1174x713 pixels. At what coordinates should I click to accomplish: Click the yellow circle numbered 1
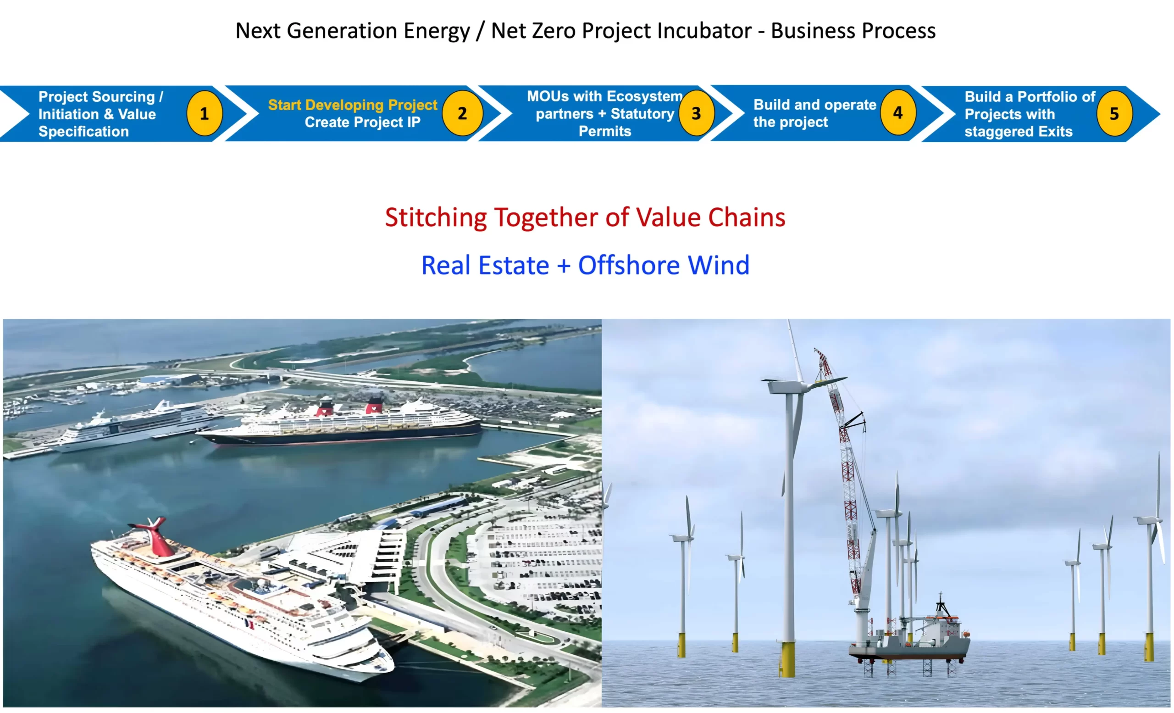click(x=205, y=113)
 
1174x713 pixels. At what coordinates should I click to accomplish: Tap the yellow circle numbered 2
click(x=462, y=113)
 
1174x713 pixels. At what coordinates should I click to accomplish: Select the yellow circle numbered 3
click(x=696, y=113)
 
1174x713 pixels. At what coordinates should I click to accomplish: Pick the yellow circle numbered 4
click(x=897, y=112)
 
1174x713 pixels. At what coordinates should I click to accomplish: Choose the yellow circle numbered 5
click(x=1114, y=113)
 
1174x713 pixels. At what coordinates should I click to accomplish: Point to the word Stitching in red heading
click(x=436, y=217)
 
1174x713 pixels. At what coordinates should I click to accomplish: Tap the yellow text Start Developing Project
click(x=353, y=105)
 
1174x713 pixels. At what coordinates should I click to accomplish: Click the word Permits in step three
click(x=604, y=131)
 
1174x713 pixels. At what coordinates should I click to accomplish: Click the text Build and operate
click(x=815, y=105)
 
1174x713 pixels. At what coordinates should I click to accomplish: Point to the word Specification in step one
click(x=84, y=132)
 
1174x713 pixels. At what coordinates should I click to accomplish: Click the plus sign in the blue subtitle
click(x=564, y=266)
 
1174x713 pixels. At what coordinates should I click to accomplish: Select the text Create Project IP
click(x=363, y=123)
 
